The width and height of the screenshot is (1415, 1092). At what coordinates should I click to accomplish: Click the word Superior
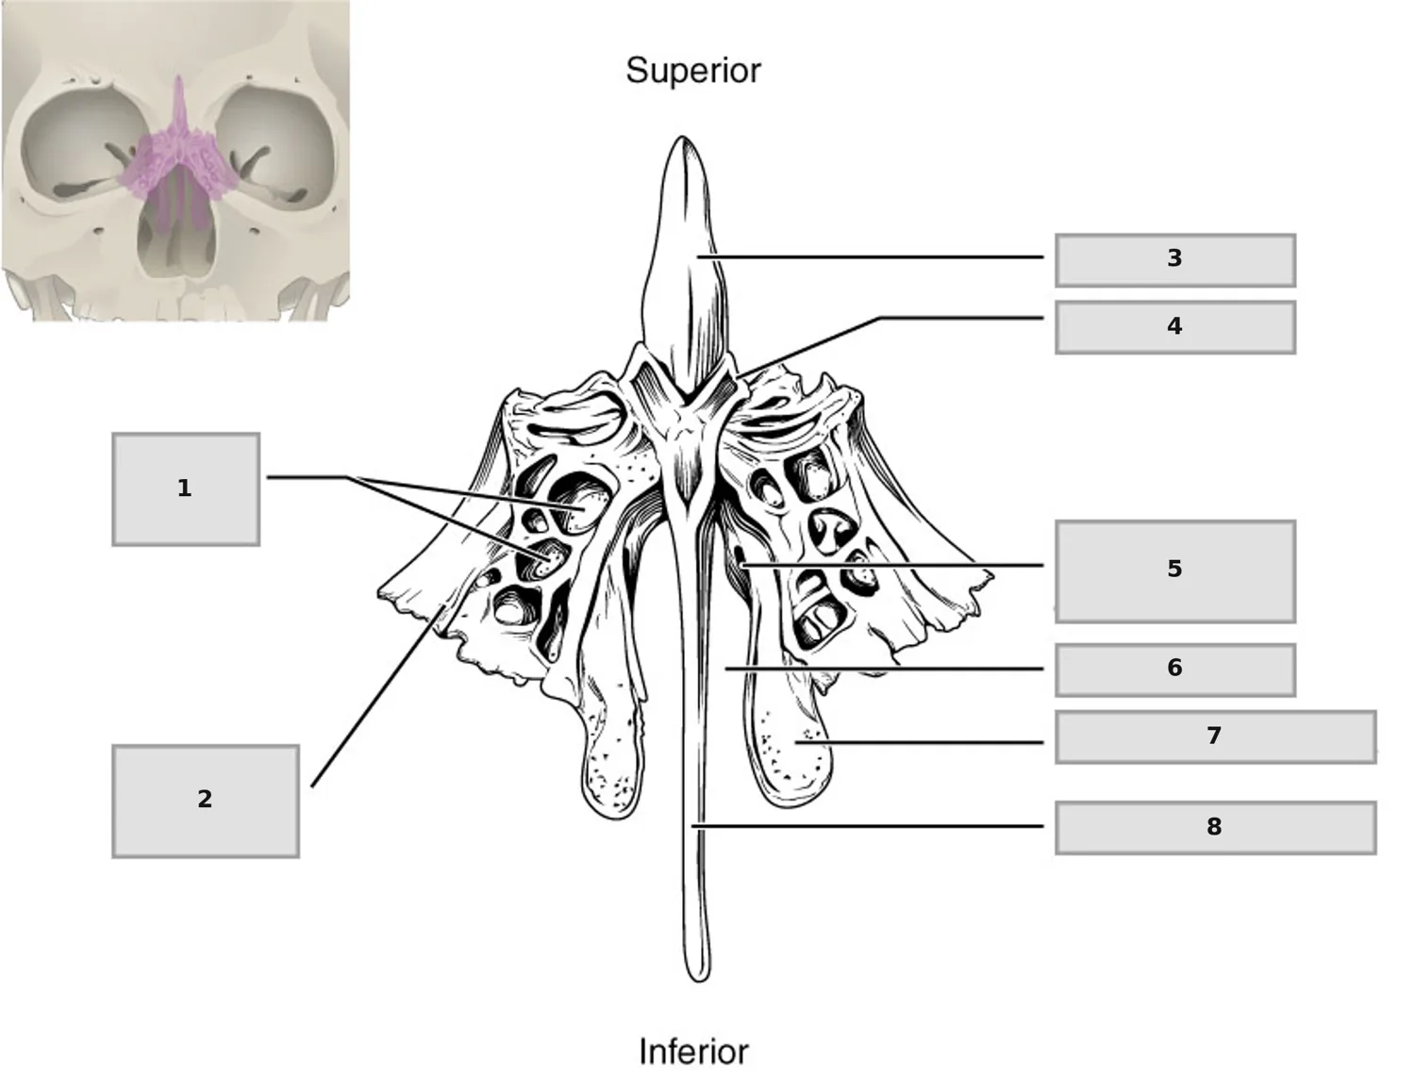(692, 71)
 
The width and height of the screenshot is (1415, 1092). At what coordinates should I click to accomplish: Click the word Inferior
(694, 1051)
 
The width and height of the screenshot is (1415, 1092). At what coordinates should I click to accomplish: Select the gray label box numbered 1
(186, 489)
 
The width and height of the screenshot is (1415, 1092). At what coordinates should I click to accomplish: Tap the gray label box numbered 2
(206, 802)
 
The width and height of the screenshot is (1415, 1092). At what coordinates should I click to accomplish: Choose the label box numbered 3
(1175, 260)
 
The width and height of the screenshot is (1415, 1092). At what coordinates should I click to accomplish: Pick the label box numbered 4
(1175, 327)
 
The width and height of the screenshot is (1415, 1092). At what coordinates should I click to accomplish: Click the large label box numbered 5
(1175, 571)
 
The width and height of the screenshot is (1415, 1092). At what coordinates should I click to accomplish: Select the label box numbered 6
(1175, 670)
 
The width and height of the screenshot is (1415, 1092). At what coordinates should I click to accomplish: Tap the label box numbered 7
(1216, 736)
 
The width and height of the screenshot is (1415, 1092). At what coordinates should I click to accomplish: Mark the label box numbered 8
(1216, 828)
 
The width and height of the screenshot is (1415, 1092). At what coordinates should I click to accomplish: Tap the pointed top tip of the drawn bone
(682, 138)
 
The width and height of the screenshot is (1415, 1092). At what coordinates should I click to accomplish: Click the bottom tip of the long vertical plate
(698, 980)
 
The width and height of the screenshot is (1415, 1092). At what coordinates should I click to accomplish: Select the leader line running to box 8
(867, 826)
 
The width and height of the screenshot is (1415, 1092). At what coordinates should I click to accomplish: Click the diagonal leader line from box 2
(377, 696)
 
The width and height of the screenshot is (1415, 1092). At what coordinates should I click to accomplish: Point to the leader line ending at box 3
(870, 257)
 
